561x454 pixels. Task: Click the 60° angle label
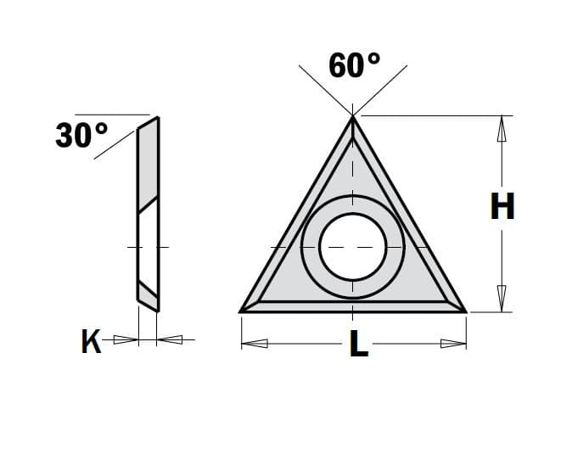[354, 65]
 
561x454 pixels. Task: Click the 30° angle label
[81, 135]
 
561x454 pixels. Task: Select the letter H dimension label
[502, 206]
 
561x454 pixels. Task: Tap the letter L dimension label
[359, 344]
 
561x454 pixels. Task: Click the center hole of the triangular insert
[353, 246]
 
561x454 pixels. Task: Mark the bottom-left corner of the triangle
[243, 311]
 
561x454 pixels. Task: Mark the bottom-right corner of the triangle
[465, 311]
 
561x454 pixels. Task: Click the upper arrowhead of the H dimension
[502, 128]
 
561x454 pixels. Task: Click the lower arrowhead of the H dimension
[502, 299]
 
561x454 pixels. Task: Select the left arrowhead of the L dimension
[255, 344]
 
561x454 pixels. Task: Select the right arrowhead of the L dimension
[453, 344]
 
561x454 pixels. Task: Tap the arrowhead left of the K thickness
[126, 340]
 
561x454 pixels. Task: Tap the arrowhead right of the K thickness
[171, 340]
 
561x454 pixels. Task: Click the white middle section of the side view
[148, 246]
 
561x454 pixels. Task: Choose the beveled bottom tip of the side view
[149, 299]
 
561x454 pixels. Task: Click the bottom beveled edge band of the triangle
[353, 306]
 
